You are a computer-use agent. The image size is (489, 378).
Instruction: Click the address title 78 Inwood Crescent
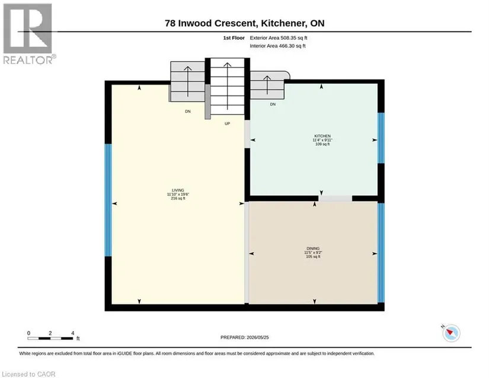210,23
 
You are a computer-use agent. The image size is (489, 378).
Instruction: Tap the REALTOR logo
28,34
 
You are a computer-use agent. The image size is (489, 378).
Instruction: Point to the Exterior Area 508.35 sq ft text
279,38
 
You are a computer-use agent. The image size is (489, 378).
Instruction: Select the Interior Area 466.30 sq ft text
277,46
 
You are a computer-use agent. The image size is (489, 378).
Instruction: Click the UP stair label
228,123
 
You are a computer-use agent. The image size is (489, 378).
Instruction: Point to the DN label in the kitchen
273,104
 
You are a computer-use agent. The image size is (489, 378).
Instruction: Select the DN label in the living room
188,112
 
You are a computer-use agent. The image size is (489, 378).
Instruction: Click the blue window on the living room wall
108,200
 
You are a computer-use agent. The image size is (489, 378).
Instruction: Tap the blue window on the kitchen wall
381,138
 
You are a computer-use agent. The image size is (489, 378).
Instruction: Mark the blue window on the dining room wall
381,253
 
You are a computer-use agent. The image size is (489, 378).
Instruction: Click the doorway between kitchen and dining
335,199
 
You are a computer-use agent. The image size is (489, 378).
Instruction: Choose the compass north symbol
451,333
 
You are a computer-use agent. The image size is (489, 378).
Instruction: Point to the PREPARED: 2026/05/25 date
244,338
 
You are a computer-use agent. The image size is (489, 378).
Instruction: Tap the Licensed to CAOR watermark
28,374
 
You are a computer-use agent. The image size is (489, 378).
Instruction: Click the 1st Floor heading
234,38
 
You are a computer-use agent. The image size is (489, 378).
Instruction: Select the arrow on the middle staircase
228,86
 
